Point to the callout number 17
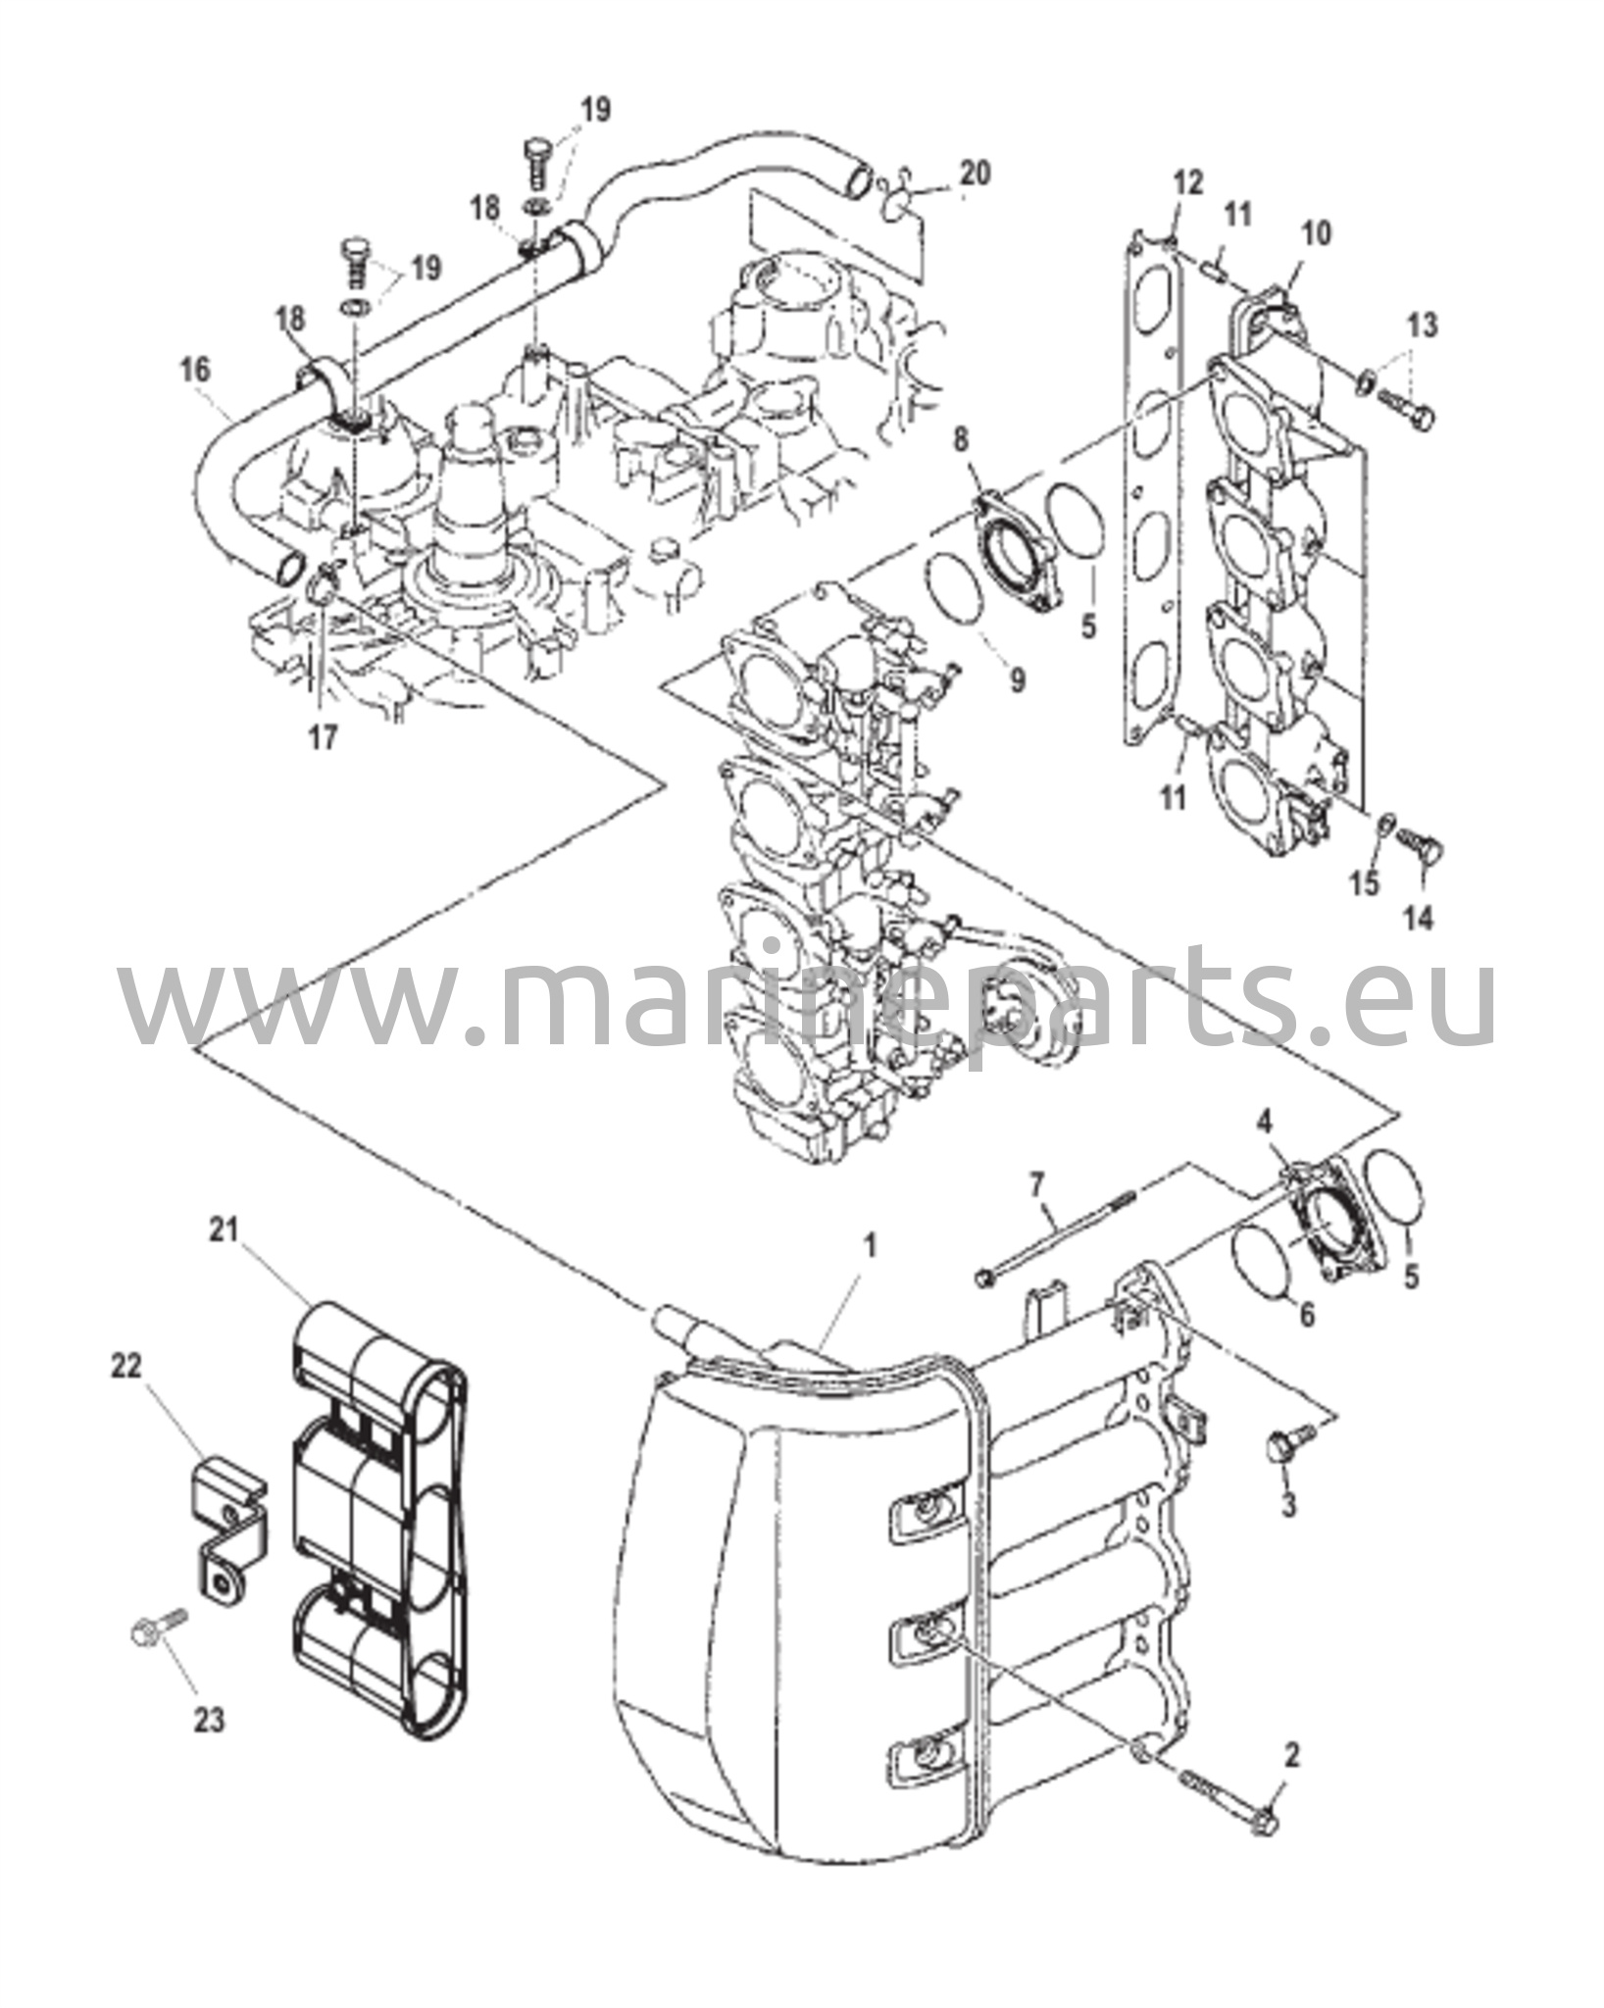tap(324, 736)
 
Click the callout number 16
tap(195, 370)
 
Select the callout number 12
tap(1187, 182)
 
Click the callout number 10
tap(1316, 233)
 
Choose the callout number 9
tap(1017, 678)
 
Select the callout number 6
tap(1307, 1315)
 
